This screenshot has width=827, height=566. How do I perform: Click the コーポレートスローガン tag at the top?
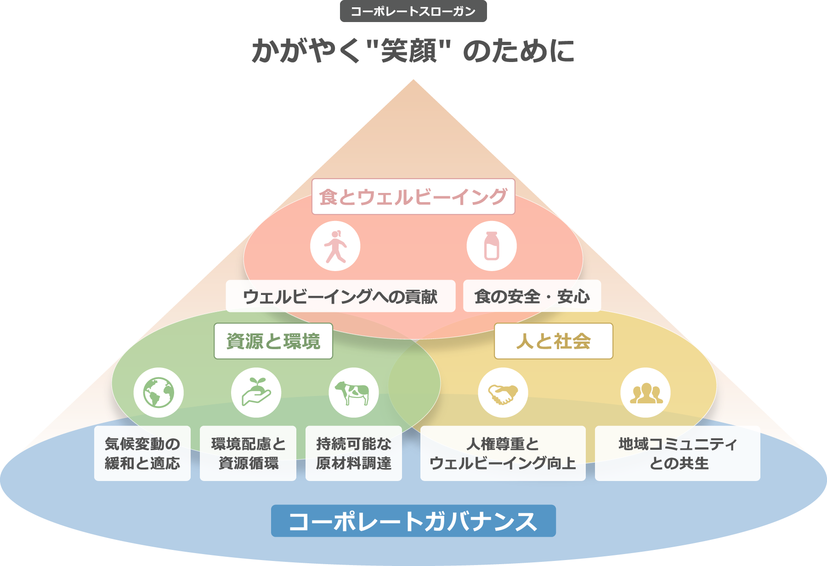(x=413, y=11)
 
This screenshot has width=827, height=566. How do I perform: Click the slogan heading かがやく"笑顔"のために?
(x=413, y=51)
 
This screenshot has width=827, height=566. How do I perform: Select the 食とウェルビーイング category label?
(x=413, y=197)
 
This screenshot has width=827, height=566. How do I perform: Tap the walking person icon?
(x=335, y=246)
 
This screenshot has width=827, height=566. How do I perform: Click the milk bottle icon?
(x=492, y=246)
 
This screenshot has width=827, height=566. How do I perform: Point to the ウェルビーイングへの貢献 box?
(x=340, y=296)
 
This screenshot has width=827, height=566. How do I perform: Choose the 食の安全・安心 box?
(x=532, y=296)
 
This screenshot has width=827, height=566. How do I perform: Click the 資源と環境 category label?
(x=273, y=341)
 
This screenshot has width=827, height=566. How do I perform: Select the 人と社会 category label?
(x=553, y=341)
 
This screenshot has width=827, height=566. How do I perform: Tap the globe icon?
(x=159, y=393)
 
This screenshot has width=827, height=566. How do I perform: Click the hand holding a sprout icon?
(x=256, y=393)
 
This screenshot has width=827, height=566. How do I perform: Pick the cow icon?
(x=353, y=393)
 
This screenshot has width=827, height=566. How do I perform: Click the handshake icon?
(x=503, y=393)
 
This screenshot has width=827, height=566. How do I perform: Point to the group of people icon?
(x=646, y=393)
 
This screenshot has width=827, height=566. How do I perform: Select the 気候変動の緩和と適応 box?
(x=142, y=453)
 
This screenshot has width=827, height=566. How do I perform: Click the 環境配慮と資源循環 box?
(x=248, y=453)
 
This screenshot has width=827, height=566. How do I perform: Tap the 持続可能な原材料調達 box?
(x=354, y=453)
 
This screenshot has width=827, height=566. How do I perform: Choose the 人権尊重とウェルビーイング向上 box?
(x=503, y=453)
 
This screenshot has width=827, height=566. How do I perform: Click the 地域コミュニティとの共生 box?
(x=678, y=453)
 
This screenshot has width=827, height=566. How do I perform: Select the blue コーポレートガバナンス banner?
(x=413, y=521)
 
